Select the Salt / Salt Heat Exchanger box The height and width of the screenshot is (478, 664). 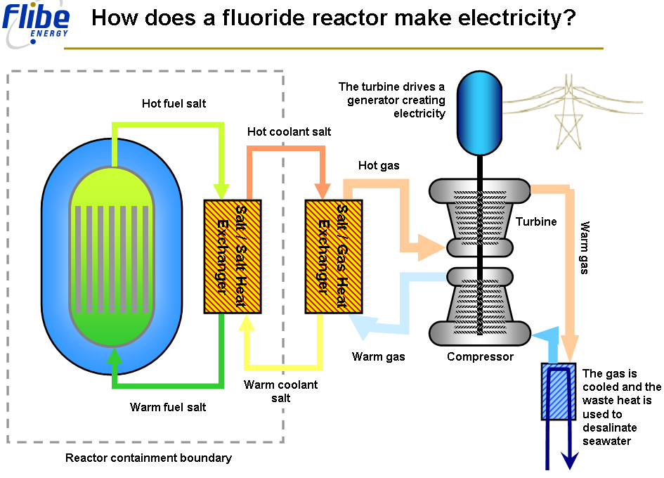[x=233, y=256]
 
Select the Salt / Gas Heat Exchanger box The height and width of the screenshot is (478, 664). [x=334, y=256]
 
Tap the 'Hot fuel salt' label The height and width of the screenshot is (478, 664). [x=174, y=104]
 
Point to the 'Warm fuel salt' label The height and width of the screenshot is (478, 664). [x=168, y=407]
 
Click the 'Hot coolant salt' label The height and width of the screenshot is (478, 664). [x=289, y=131]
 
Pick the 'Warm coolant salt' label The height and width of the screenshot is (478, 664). [x=280, y=391]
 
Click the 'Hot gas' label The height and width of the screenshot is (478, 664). [x=379, y=166]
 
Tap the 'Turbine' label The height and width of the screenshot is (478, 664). [x=536, y=221]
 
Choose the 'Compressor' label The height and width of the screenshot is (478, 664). [x=480, y=356]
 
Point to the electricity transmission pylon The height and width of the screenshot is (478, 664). [x=568, y=116]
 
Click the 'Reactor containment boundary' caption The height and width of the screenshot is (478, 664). [x=148, y=458]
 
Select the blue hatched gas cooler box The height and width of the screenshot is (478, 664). [x=559, y=391]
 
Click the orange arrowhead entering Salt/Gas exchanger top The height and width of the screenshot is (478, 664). [x=323, y=190]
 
